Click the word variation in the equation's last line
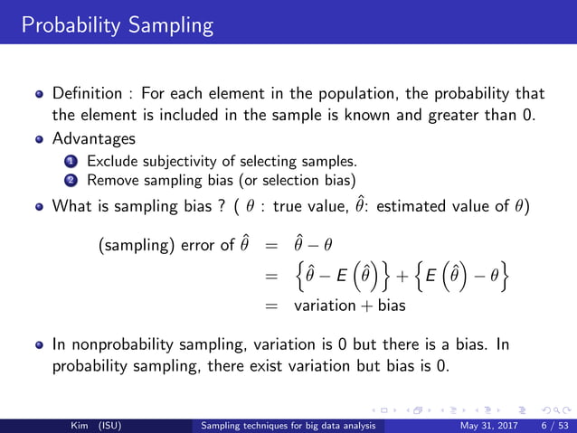(324, 306)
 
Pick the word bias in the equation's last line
(392, 306)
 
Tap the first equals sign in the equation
(269, 244)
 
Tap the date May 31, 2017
(487, 425)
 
